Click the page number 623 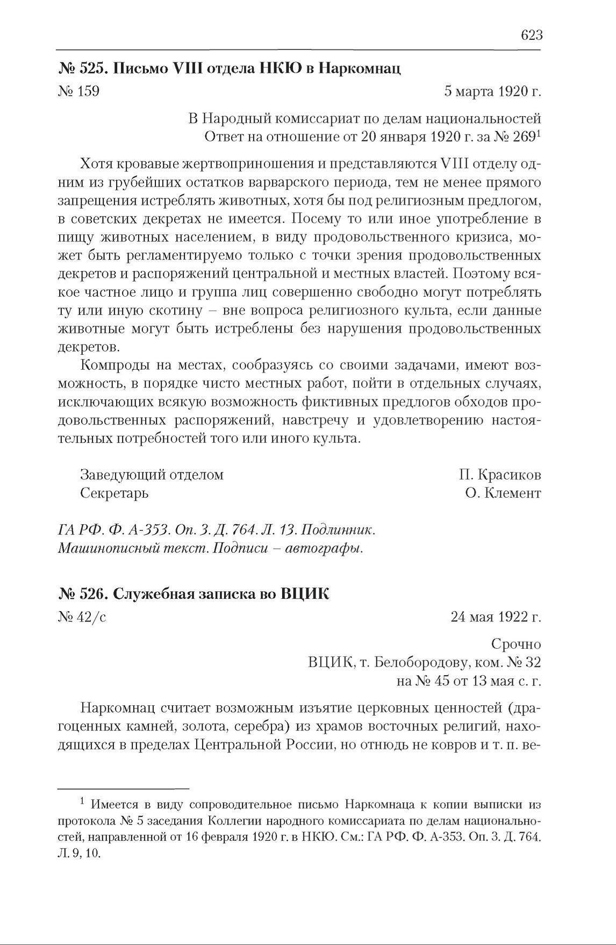532,35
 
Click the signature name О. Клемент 504,492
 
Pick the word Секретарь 114,492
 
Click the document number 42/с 88,617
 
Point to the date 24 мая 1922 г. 496,617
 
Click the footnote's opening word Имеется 116,805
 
